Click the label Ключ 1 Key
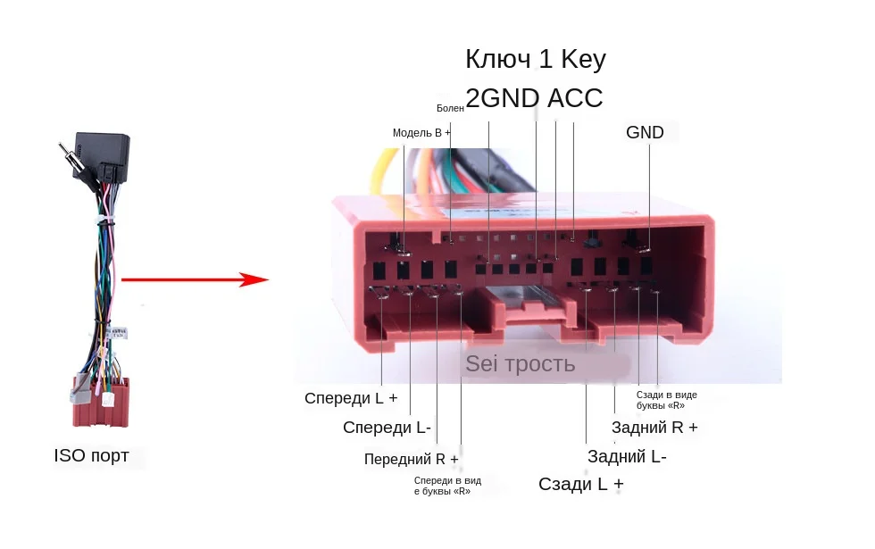[x=535, y=60]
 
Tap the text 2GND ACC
[x=534, y=98]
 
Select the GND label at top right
[x=645, y=133]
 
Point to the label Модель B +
[x=421, y=133]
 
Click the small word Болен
[x=450, y=108]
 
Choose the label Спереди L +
[x=350, y=398]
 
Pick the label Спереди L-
[x=387, y=428]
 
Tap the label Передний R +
[x=411, y=459]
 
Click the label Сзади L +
[x=580, y=485]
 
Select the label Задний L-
[x=627, y=457]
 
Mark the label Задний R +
[x=654, y=428]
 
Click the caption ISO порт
[x=91, y=456]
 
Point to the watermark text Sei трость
[x=520, y=364]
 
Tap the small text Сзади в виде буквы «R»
[x=666, y=399]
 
